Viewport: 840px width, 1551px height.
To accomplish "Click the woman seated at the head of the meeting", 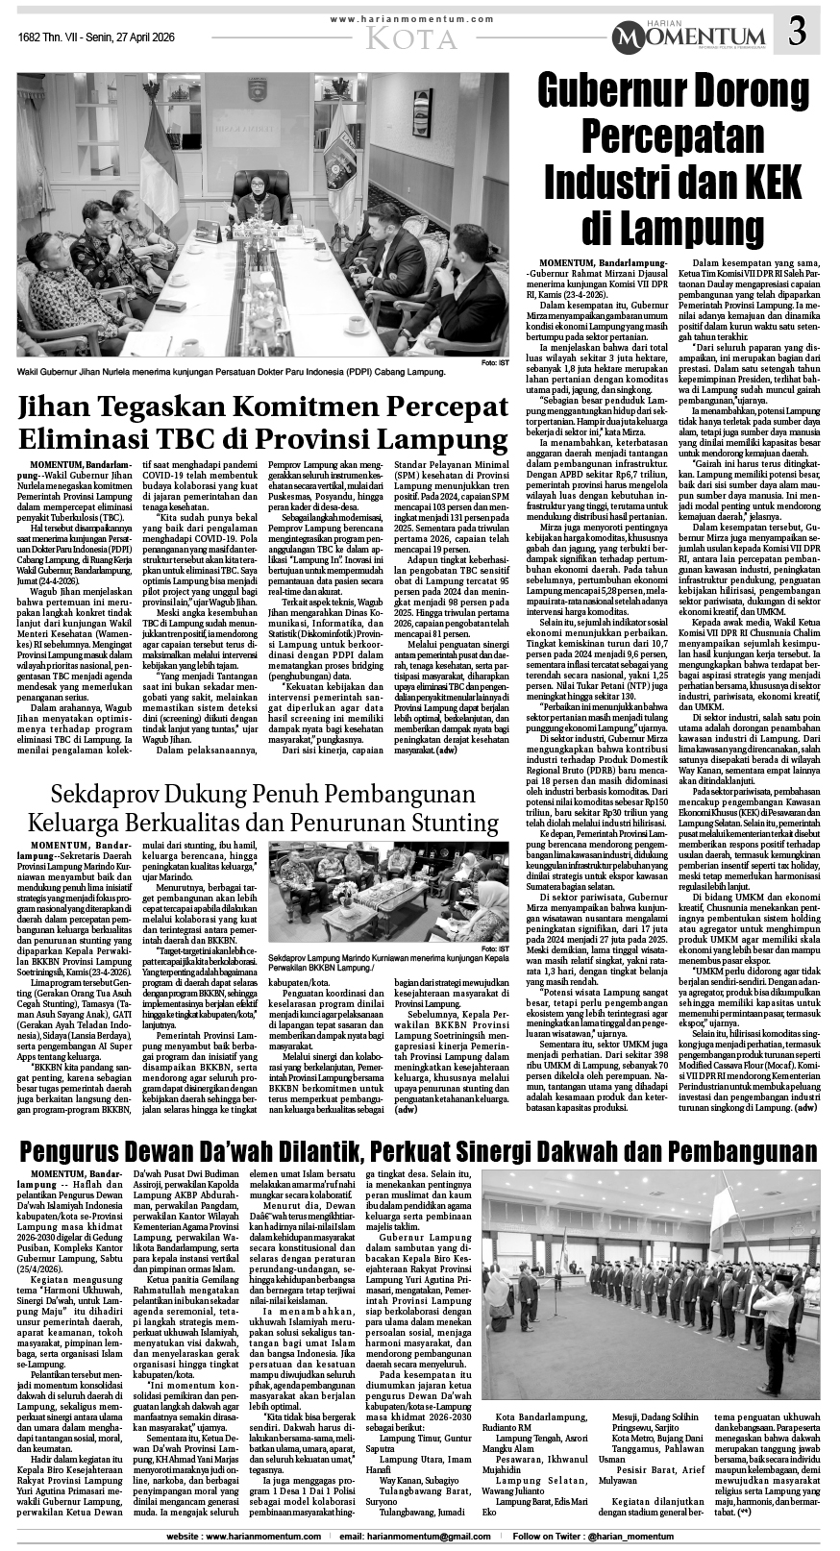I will pyautogui.click(x=259, y=201).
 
